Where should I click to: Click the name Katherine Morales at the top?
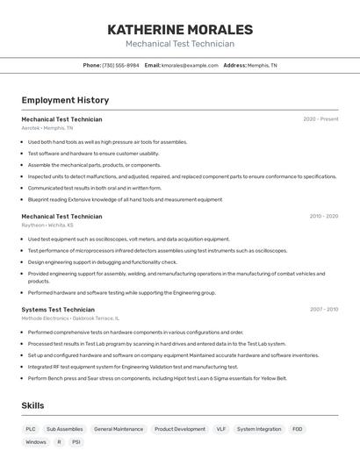tap(179, 30)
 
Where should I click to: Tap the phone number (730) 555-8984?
tap(120, 65)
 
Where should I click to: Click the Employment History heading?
tap(65, 101)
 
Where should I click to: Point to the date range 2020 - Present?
tap(320, 119)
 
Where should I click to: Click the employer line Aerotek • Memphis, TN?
tap(47, 128)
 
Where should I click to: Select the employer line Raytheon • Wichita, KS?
tap(47, 225)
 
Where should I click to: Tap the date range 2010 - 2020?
tap(323, 216)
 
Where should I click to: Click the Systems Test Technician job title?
tap(58, 309)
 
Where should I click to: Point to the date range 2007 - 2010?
tap(323, 309)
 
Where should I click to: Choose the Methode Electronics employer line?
tap(70, 318)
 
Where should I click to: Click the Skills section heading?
tap(32, 405)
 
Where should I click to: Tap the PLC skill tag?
tap(31, 429)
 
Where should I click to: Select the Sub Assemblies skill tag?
tap(65, 429)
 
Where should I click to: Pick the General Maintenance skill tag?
tap(119, 429)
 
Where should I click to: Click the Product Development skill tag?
tap(180, 429)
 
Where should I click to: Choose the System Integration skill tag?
tap(259, 429)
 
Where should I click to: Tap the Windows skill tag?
tap(36, 442)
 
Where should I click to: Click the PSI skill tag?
tap(76, 442)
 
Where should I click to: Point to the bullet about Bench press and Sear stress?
tap(157, 378)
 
